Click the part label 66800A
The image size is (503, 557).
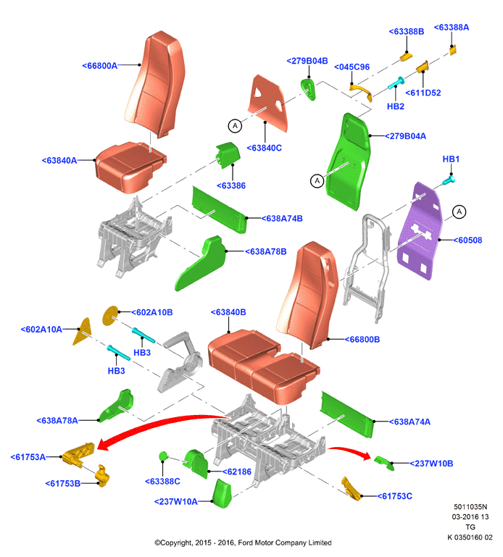click(99, 66)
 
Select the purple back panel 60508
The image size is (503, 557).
click(420, 231)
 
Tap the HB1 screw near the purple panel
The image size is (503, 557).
click(449, 180)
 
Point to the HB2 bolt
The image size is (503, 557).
click(396, 83)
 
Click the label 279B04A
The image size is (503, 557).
click(405, 136)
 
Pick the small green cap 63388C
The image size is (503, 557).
click(163, 456)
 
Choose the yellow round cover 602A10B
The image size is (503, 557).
click(110, 316)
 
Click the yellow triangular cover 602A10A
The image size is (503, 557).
click(83, 332)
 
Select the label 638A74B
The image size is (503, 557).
click(282, 219)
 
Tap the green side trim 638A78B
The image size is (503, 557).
click(201, 263)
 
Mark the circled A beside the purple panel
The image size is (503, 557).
click(460, 212)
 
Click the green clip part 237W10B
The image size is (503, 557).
click(384, 463)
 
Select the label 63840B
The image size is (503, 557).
click(228, 312)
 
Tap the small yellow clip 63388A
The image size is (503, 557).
click(453, 50)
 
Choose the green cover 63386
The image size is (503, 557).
click(228, 154)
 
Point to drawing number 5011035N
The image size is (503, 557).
click(470, 507)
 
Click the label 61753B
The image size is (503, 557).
click(63, 483)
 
